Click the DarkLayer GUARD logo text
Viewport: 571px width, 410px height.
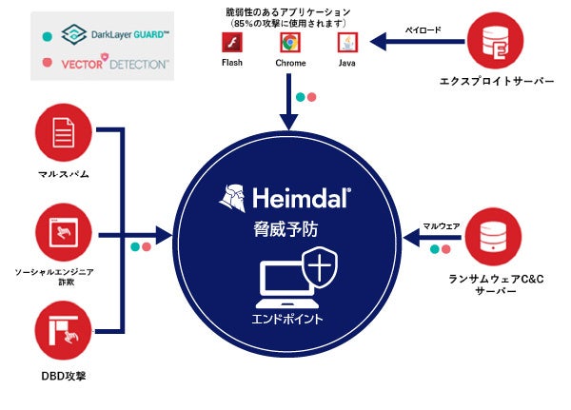[x=128, y=35]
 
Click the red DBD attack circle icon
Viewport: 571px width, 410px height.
[x=61, y=330]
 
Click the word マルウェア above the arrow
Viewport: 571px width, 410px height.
[x=442, y=225]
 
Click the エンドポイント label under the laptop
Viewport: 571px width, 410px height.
[x=286, y=318]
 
